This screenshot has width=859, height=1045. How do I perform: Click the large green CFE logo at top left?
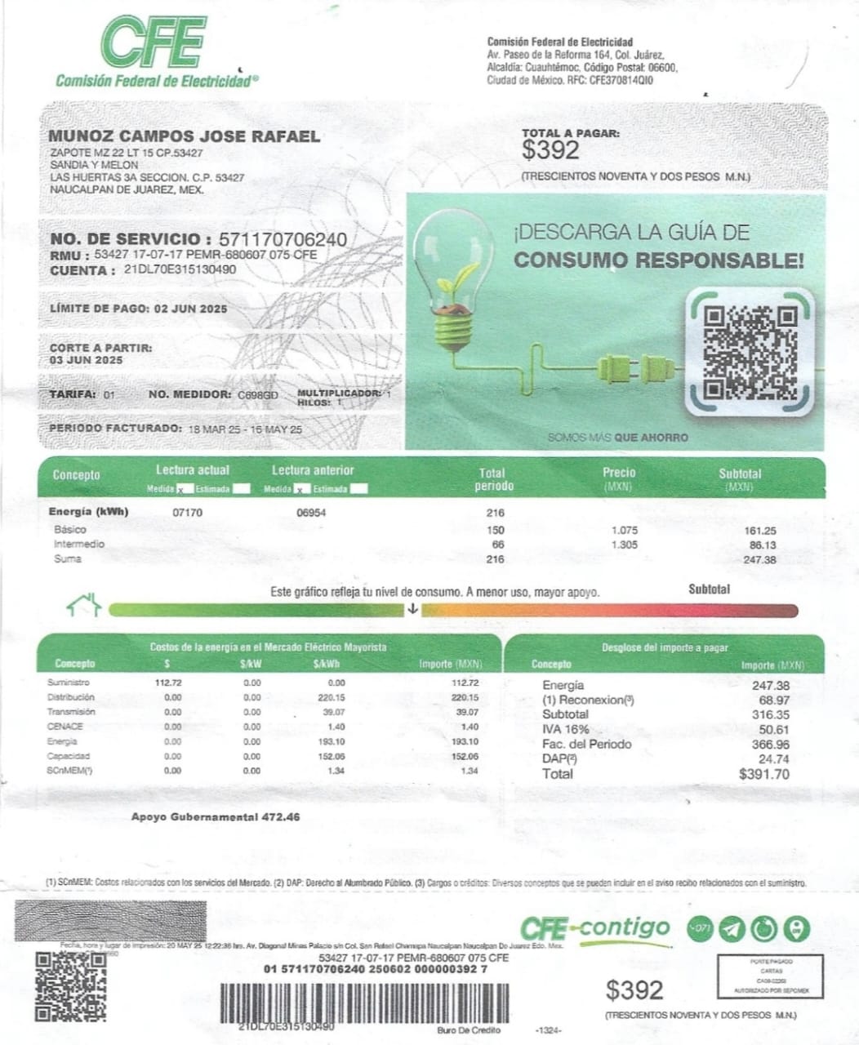pos(152,42)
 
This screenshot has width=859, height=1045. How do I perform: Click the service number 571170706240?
pos(278,239)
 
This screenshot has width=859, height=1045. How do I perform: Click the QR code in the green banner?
pos(750,351)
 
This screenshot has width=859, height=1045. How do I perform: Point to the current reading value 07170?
pos(188,513)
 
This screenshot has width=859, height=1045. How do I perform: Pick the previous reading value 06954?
pos(311,513)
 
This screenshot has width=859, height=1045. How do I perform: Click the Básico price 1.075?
pos(624,530)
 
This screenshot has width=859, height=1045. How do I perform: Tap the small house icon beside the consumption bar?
pos(84,605)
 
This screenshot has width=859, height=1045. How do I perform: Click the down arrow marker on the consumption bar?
pos(413,609)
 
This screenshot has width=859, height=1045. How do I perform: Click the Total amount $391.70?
pos(763,774)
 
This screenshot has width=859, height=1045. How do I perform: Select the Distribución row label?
pos(71,697)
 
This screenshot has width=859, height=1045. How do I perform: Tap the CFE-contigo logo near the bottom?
pos(594,928)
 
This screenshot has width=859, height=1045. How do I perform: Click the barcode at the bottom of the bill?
pos(365,998)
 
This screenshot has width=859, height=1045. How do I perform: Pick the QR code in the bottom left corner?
pos(70,986)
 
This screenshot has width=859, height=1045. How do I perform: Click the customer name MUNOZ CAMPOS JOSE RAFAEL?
pos(185,136)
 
